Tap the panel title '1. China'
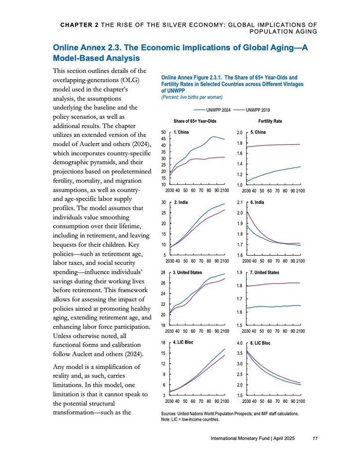(x=181, y=132)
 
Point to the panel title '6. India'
(x=257, y=202)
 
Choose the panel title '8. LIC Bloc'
(x=260, y=342)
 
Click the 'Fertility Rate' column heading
(x=270, y=121)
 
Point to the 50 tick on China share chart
(x=164, y=133)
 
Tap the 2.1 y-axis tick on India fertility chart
(x=239, y=203)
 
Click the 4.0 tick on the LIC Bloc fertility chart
(x=239, y=343)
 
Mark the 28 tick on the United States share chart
(x=164, y=273)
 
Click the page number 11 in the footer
(x=315, y=438)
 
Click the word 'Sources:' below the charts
(x=170, y=413)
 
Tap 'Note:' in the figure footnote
(x=167, y=419)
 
